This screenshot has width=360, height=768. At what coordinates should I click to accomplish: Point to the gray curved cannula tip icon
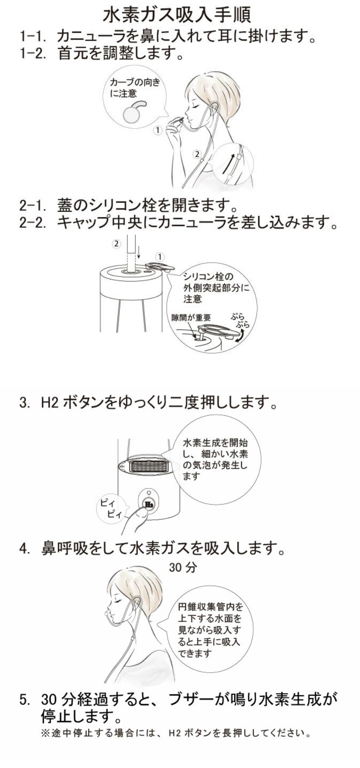(133, 110)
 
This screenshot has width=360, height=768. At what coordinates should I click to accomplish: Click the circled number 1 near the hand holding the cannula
(158, 130)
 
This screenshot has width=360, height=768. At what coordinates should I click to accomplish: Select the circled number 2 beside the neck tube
(197, 154)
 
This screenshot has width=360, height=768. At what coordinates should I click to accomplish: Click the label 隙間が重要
(190, 318)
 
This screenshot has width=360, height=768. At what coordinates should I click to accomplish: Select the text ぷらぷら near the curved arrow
(240, 320)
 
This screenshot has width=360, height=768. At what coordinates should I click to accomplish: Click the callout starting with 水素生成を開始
(215, 459)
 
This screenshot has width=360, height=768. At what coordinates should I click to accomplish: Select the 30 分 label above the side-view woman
(183, 567)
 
